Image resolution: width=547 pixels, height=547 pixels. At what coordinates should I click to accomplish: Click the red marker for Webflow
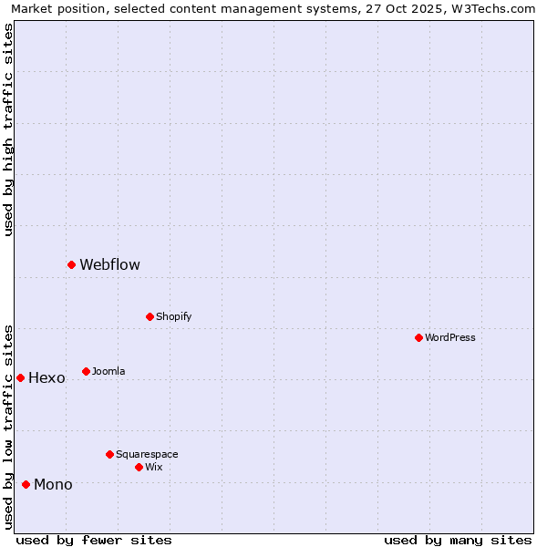tap(71, 264)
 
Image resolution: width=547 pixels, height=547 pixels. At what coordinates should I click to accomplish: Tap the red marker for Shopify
tap(150, 316)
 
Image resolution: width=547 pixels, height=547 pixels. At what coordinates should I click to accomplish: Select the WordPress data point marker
tap(418, 337)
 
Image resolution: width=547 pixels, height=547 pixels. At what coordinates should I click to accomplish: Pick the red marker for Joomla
tap(86, 371)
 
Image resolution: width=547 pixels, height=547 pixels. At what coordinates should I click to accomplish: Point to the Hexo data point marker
tap(20, 377)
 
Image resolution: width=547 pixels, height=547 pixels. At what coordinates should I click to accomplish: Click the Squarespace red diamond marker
tap(109, 454)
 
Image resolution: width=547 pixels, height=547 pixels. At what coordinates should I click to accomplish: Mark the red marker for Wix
tap(139, 467)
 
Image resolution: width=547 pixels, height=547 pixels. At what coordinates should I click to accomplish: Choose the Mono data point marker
tap(26, 484)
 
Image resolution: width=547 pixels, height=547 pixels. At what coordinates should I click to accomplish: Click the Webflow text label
tap(109, 265)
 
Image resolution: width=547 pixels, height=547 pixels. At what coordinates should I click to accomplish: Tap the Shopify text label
tap(173, 317)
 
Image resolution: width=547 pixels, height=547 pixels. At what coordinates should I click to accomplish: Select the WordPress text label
tap(449, 338)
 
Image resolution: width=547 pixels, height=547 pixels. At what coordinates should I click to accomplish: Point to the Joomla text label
tap(108, 372)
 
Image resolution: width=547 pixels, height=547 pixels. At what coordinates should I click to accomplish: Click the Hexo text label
tap(46, 378)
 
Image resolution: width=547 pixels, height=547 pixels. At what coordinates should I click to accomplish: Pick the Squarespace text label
tap(147, 455)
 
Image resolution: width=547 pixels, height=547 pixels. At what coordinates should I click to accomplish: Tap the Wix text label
tap(153, 468)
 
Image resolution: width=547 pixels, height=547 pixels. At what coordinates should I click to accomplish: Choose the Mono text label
tap(53, 485)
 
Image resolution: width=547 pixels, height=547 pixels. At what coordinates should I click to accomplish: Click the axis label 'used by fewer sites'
tap(94, 540)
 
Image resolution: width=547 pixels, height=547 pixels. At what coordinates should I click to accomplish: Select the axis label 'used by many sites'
tap(458, 540)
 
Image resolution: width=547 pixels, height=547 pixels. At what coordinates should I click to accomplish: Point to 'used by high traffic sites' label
tap(8, 129)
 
